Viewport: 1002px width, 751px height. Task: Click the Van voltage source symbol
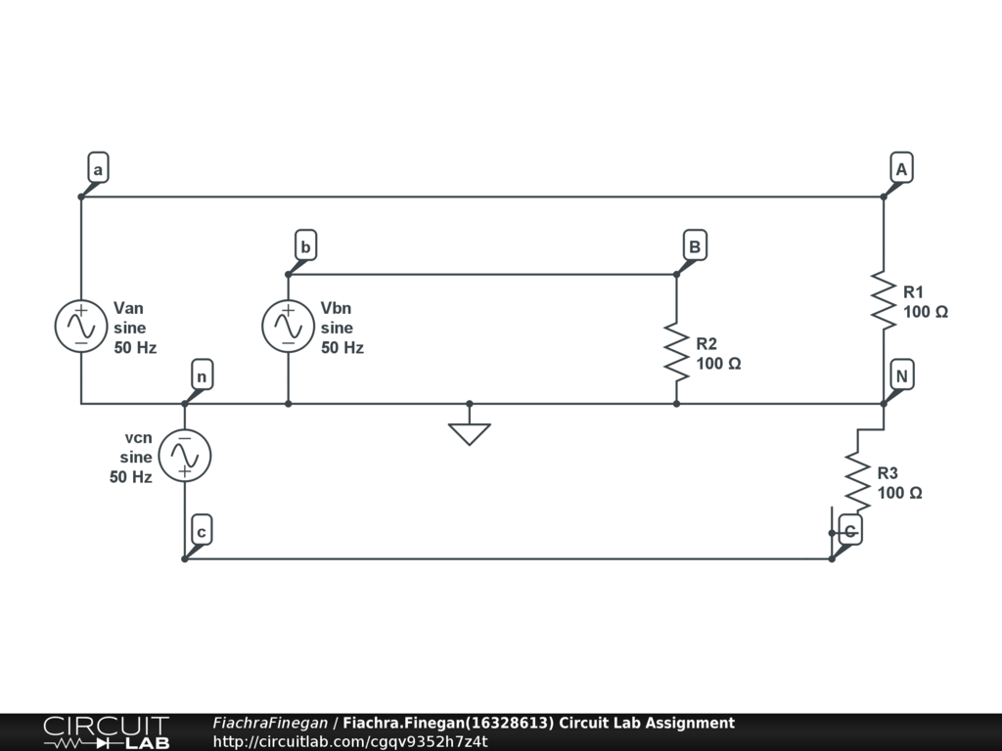coord(80,326)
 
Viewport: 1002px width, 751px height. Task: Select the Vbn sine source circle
coord(288,326)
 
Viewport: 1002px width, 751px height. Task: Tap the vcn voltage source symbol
coord(184,456)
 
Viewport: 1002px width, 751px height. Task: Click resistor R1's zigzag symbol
coord(884,301)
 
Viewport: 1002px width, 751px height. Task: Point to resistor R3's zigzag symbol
coord(857,481)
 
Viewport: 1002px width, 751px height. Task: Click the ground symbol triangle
coord(470,432)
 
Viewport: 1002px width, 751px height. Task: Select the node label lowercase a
coord(97,169)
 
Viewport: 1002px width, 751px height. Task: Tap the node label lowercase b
coord(305,246)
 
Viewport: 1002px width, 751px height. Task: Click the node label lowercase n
coord(201,376)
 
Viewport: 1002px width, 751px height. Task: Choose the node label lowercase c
coord(201,532)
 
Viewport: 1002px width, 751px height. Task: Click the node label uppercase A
coord(901,169)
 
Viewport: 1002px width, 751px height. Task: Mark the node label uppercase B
coord(694,246)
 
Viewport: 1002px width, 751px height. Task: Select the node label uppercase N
coord(901,376)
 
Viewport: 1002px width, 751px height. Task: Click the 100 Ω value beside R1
coord(926,312)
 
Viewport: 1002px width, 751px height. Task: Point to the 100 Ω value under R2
coord(718,364)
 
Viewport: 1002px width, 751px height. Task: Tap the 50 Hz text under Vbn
coord(342,347)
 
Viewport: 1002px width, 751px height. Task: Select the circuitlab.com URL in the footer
coord(350,741)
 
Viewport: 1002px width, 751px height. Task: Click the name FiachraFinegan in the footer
coord(270,724)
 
